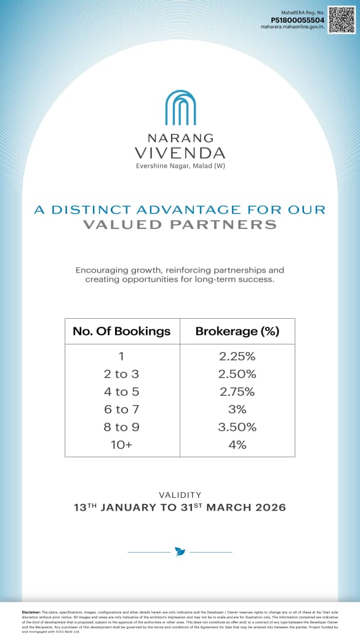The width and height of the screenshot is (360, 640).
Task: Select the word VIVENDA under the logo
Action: (180, 153)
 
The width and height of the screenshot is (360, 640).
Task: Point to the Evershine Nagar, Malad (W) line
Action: (180, 166)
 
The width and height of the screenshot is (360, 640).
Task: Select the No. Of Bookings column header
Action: (122, 331)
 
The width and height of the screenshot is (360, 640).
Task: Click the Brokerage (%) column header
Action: (237, 331)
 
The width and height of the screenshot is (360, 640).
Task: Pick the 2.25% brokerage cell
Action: (237, 356)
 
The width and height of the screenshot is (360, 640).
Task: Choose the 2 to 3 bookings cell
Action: (121, 374)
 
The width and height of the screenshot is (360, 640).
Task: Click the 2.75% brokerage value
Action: (237, 392)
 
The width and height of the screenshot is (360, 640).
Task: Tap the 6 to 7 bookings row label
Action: (121, 409)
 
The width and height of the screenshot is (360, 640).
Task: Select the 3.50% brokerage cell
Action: (237, 427)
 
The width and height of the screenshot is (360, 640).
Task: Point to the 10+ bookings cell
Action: (121, 444)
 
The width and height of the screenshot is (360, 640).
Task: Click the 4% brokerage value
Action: (237, 444)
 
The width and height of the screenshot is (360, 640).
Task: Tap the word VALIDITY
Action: (180, 495)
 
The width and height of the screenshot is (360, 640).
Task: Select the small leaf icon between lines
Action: (180, 551)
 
